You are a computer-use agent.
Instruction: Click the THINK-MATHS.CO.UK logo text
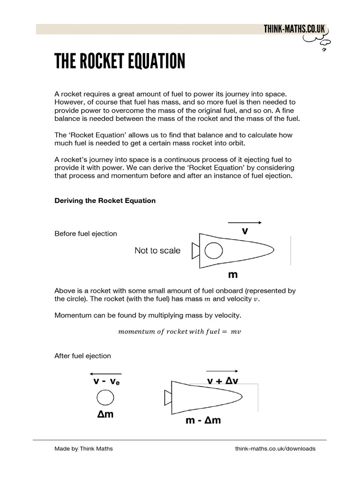pyautogui.click(x=294, y=29)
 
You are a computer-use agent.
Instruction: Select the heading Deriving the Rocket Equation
pyautogui.click(x=105, y=201)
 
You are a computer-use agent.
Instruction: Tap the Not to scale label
pyautogui.click(x=157, y=251)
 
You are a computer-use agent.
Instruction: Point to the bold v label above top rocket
pyautogui.click(x=244, y=231)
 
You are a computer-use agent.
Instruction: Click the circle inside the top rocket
pyautogui.click(x=213, y=251)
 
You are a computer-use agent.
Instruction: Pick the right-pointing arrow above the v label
pyautogui.click(x=244, y=223)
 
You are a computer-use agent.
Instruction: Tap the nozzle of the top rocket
pyautogui.click(x=195, y=251)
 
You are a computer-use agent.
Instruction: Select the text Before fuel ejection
pyautogui.click(x=86, y=233)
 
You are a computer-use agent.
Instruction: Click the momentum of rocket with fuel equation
pyautogui.click(x=180, y=331)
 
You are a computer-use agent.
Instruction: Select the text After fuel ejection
pyautogui.click(x=82, y=356)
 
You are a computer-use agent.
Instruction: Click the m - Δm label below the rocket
pyautogui.click(x=202, y=420)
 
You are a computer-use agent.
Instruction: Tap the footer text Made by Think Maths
pyautogui.click(x=84, y=449)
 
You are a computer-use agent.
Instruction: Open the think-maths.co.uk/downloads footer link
pyautogui.click(x=275, y=449)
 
